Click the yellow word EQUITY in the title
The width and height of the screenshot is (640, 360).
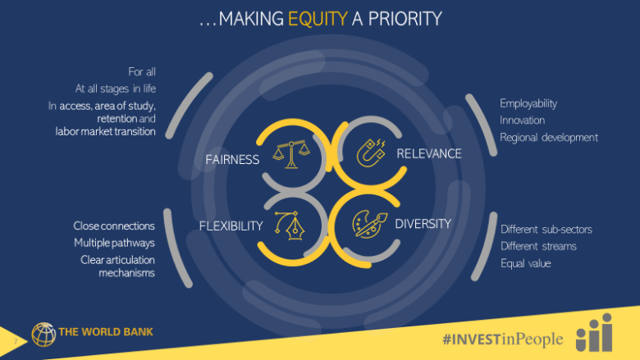(318, 19)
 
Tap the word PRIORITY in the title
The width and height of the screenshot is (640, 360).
(405, 19)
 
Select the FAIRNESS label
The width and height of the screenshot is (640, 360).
(232, 159)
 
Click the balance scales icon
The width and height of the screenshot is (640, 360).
(291, 154)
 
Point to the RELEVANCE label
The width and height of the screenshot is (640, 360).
(429, 153)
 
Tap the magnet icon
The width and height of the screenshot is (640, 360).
(371, 153)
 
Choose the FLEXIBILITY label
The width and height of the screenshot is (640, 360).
(231, 226)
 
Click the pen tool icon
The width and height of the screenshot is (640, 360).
(290, 226)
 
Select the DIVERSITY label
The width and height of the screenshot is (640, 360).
(423, 224)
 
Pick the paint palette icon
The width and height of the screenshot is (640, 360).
(369, 224)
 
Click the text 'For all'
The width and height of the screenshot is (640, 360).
(142, 72)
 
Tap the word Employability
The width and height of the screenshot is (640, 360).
(528, 103)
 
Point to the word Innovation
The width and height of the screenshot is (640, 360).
(522, 121)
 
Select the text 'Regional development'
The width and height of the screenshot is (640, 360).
(549, 138)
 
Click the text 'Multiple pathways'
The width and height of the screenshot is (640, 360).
(114, 243)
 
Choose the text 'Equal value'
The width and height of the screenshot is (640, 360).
(526, 263)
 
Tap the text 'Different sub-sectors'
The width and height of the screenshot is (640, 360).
(546, 230)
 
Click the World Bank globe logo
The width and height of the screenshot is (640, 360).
(43, 335)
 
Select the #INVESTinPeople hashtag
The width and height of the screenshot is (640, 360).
(503, 339)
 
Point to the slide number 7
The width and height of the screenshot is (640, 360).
(16, 341)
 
